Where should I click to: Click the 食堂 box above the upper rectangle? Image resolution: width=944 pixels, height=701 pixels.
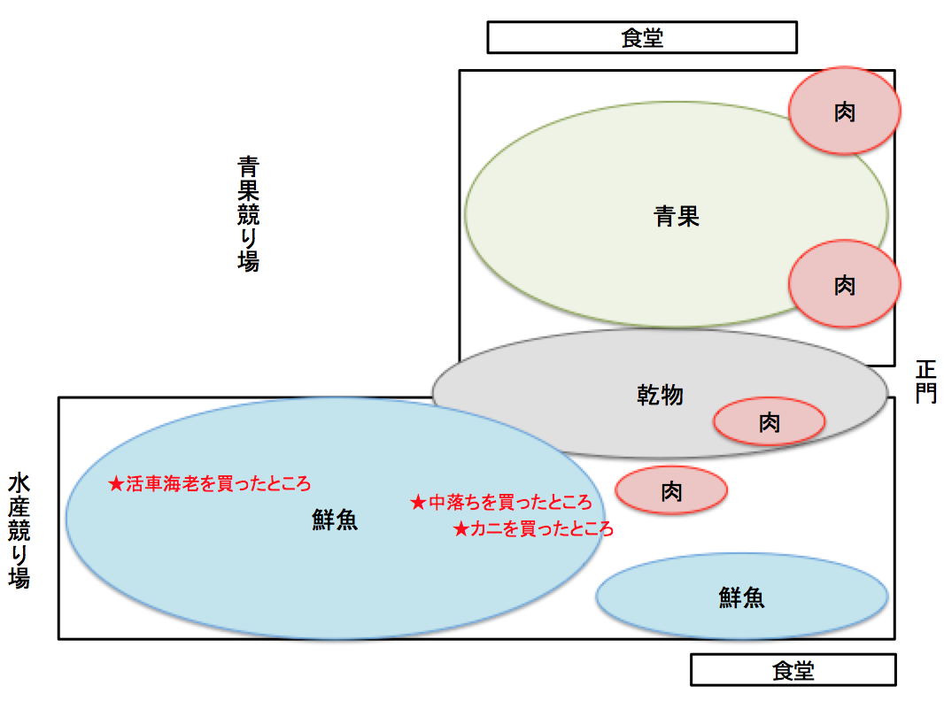[x=642, y=38]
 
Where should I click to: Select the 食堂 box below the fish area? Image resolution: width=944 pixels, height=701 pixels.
[x=793, y=670]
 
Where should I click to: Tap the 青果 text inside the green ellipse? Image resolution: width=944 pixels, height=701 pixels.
[x=677, y=216]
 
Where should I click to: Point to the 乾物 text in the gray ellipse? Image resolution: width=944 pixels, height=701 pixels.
[x=660, y=394]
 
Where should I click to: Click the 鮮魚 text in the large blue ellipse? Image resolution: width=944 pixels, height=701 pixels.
[x=334, y=520]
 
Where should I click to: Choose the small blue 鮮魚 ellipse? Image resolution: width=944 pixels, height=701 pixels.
[x=742, y=597]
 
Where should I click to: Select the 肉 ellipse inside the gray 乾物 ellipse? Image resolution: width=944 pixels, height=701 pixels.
[x=770, y=422]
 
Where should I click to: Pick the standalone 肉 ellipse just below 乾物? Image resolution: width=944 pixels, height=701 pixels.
[x=671, y=489]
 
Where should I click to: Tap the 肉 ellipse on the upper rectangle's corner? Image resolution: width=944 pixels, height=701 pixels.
[x=845, y=112]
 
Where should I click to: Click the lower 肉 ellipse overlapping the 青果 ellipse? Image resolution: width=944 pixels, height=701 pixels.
[x=845, y=285]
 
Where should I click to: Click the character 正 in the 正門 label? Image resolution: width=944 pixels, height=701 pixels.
[x=925, y=369]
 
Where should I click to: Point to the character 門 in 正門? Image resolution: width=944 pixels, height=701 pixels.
[x=925, y=393]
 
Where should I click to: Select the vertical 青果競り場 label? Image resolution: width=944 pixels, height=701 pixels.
[x=248, y=213]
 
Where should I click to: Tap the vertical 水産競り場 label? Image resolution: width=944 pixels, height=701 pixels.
[x=19, y=531]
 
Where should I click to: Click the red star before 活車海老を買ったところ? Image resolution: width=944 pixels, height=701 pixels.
[x=116, y=484]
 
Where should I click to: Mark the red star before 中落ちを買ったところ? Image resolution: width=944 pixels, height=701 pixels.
[x=418, y=503]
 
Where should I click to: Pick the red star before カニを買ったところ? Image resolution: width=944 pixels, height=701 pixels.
[x=460, y=529]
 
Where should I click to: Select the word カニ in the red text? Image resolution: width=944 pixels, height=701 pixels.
[x=482, y=529]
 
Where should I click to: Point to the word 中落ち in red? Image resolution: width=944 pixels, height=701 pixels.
[x=449, y=503]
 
